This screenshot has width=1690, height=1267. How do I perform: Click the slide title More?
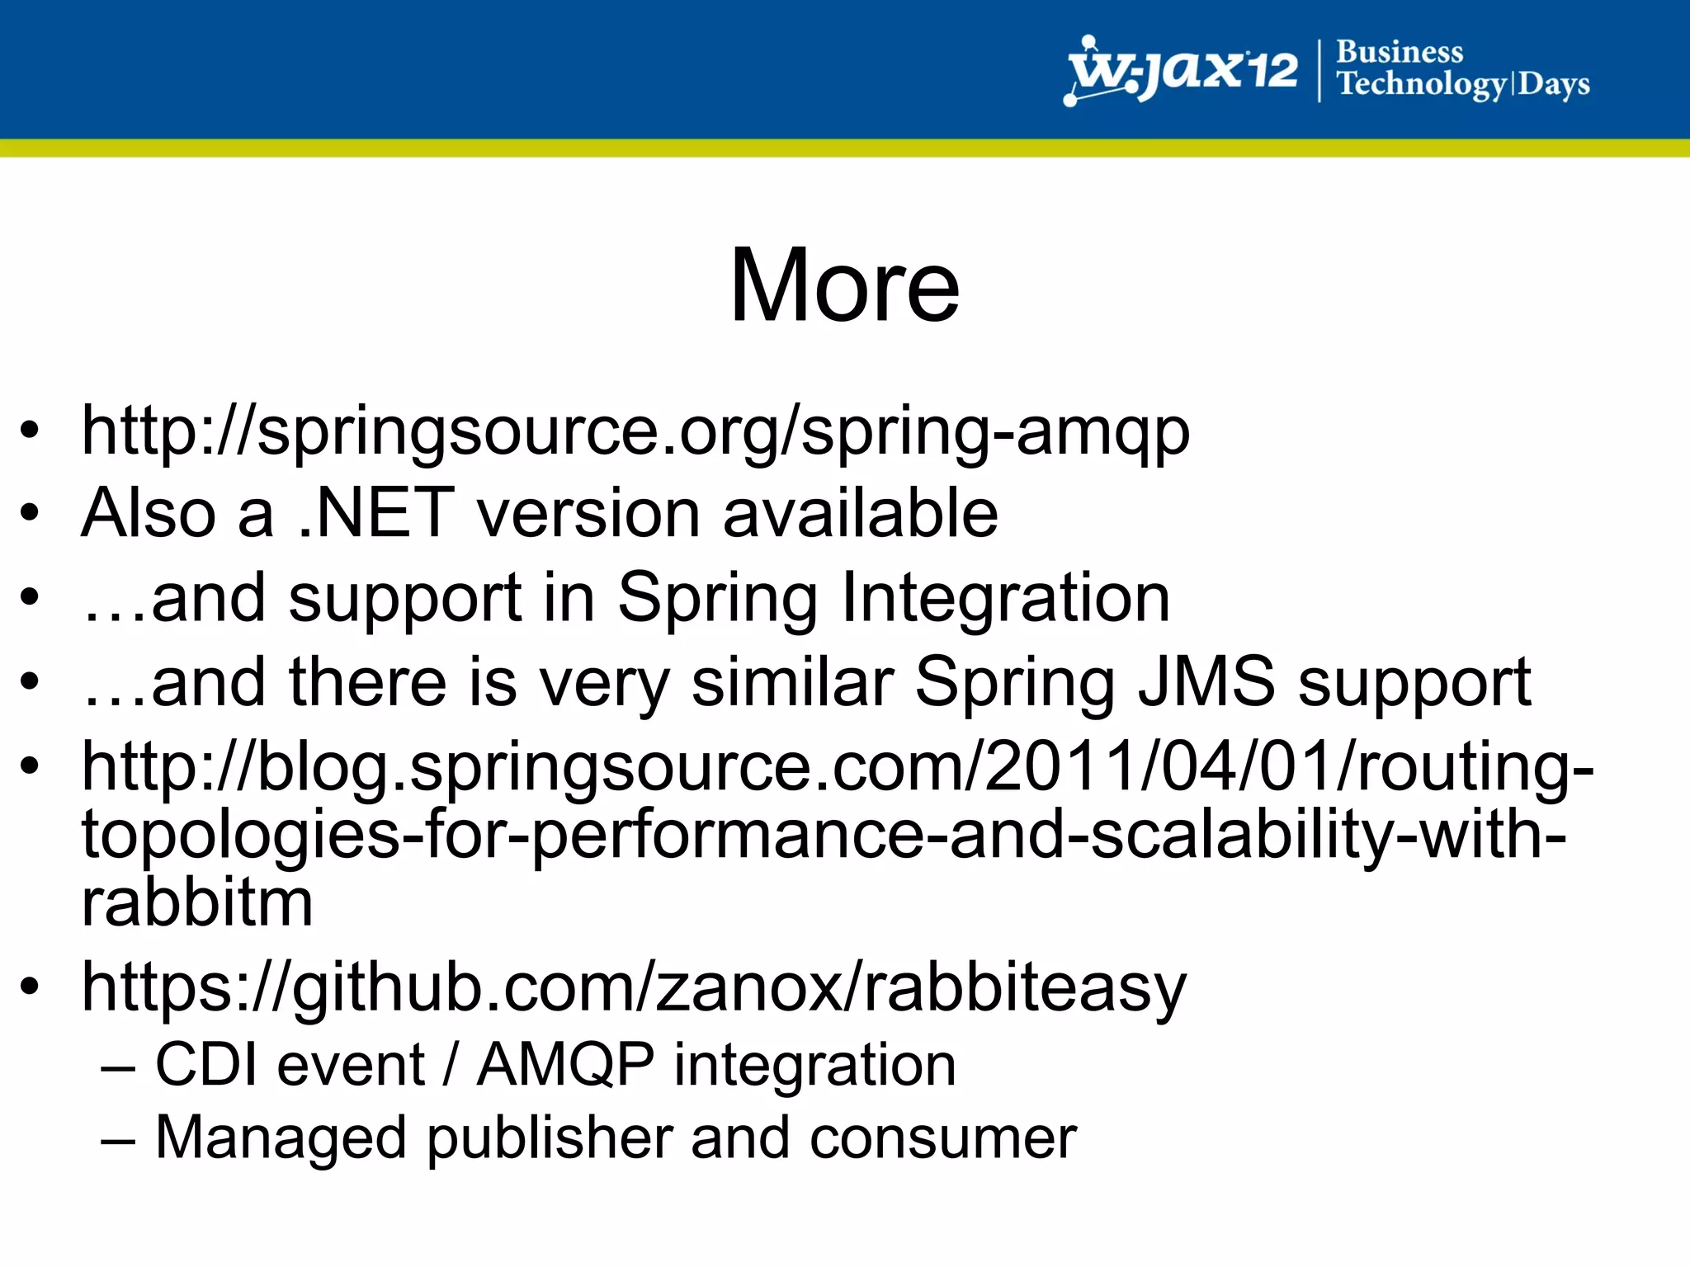(844, 285)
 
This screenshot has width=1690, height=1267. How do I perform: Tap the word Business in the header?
(1399, 52)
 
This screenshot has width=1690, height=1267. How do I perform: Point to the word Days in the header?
(1554, 85)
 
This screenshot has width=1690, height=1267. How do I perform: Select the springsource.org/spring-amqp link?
(635, 431)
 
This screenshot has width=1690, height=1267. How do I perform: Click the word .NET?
(376, 513)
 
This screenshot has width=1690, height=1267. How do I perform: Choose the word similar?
(792, 681)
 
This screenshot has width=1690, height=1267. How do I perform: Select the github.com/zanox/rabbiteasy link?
(634, 987)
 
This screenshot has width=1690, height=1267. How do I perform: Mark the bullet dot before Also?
(30, 513)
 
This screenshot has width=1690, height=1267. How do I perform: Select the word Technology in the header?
(1421, 85)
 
